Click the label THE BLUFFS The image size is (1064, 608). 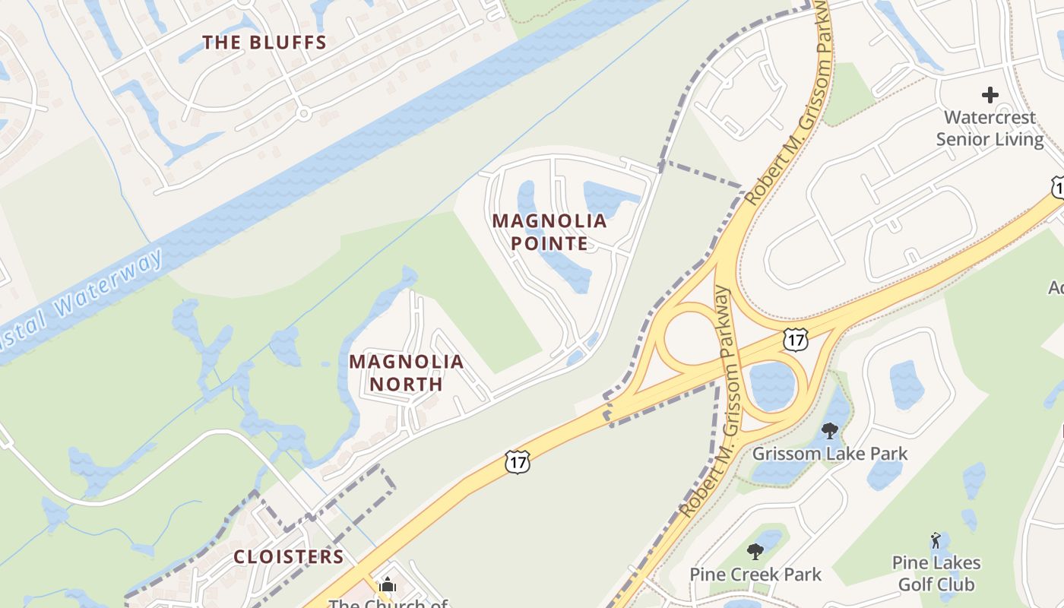coord(264,43)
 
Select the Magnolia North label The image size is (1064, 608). coord(407,372)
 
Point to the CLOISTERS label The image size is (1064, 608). coord(289,556)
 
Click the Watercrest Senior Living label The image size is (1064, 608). coord(990,128)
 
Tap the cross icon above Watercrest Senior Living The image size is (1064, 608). coord(990,96)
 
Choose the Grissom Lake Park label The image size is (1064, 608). coord(829,454)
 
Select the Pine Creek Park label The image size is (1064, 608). coord(755,575)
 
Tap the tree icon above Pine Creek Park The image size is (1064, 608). coord(755,552)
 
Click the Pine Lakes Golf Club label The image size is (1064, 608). coord(936,574)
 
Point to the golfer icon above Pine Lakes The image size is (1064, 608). coord(936,541)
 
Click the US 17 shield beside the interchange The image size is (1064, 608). coord(796,339)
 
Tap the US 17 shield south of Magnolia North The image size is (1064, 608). coord(517,461)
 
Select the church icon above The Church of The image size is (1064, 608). coord(388,585)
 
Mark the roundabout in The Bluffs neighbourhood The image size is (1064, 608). coord(304,114)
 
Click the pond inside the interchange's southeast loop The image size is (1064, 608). coord(772,386)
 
